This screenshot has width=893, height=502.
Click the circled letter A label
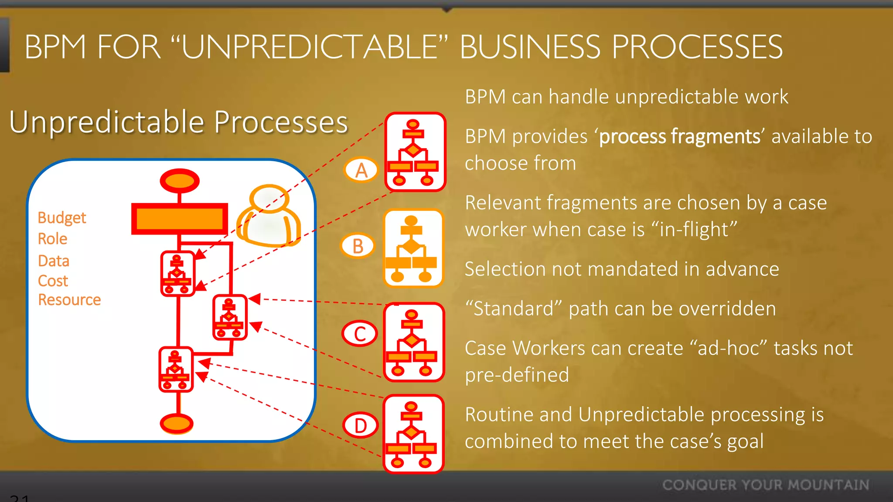click(361, 170)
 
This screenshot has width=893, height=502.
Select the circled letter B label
click(358, 246)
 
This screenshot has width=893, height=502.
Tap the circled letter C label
click(360, 334)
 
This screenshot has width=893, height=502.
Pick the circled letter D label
click(360, 425)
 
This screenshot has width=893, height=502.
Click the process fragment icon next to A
click(415, 152)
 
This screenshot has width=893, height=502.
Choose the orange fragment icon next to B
click(413, 248)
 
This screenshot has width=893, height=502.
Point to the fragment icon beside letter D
click(413, 434)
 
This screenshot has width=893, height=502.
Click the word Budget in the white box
click(61, 217)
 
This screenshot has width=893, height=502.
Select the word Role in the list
click(52, 239)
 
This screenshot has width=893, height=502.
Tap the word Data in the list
click(54, 261)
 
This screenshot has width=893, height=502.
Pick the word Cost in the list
click(53, 281)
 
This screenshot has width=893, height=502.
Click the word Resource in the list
click(69, 300)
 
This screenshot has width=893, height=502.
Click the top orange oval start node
click(180, 180)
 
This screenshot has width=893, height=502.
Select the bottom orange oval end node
click(177, 423)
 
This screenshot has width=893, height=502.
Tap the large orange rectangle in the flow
click(180, 218)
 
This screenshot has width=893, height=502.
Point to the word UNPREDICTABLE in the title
click(310, 47)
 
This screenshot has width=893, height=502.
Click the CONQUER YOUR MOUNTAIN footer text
click(766, 485)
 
